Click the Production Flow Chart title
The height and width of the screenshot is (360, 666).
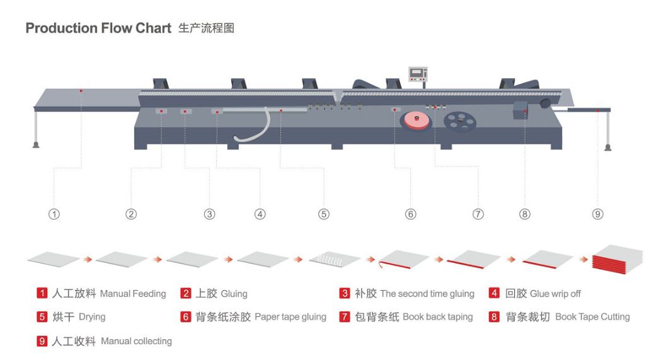(x=98, y=28)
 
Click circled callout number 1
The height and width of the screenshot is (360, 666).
(x=54, y=214)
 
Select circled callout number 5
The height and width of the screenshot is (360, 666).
(x=323, y=214)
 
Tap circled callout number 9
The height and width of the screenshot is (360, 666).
(x=597, y=214)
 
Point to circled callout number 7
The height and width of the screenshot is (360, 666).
(x=478, y=214)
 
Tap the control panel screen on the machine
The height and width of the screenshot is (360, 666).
(x=418, y=74)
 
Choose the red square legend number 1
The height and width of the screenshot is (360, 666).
(x=42, y=293)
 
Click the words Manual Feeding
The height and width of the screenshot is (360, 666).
(x=133, y=294)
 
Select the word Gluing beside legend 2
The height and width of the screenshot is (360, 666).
(x=234, y=294)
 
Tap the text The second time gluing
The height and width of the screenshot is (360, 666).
(x=427, y=294)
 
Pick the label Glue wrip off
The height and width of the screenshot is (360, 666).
(x=555, y=294)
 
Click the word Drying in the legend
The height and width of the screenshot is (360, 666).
(x=92, y=317)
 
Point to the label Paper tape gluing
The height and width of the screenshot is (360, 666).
(x=290, y=317)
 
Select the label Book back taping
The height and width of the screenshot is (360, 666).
(x=437, y=317)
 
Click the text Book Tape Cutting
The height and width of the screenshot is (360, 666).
(x=592, y=317)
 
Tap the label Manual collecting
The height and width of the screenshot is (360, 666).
(x=136, y=341)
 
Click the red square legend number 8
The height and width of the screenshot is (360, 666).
(x=495, y=317)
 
